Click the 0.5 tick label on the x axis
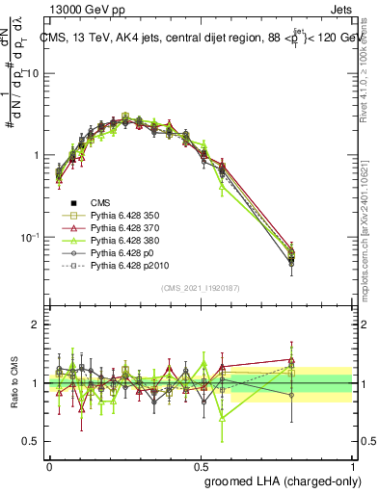202,465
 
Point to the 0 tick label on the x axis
49,465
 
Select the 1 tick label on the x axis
353,465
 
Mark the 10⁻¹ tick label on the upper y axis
31,238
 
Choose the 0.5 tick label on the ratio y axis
34,442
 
